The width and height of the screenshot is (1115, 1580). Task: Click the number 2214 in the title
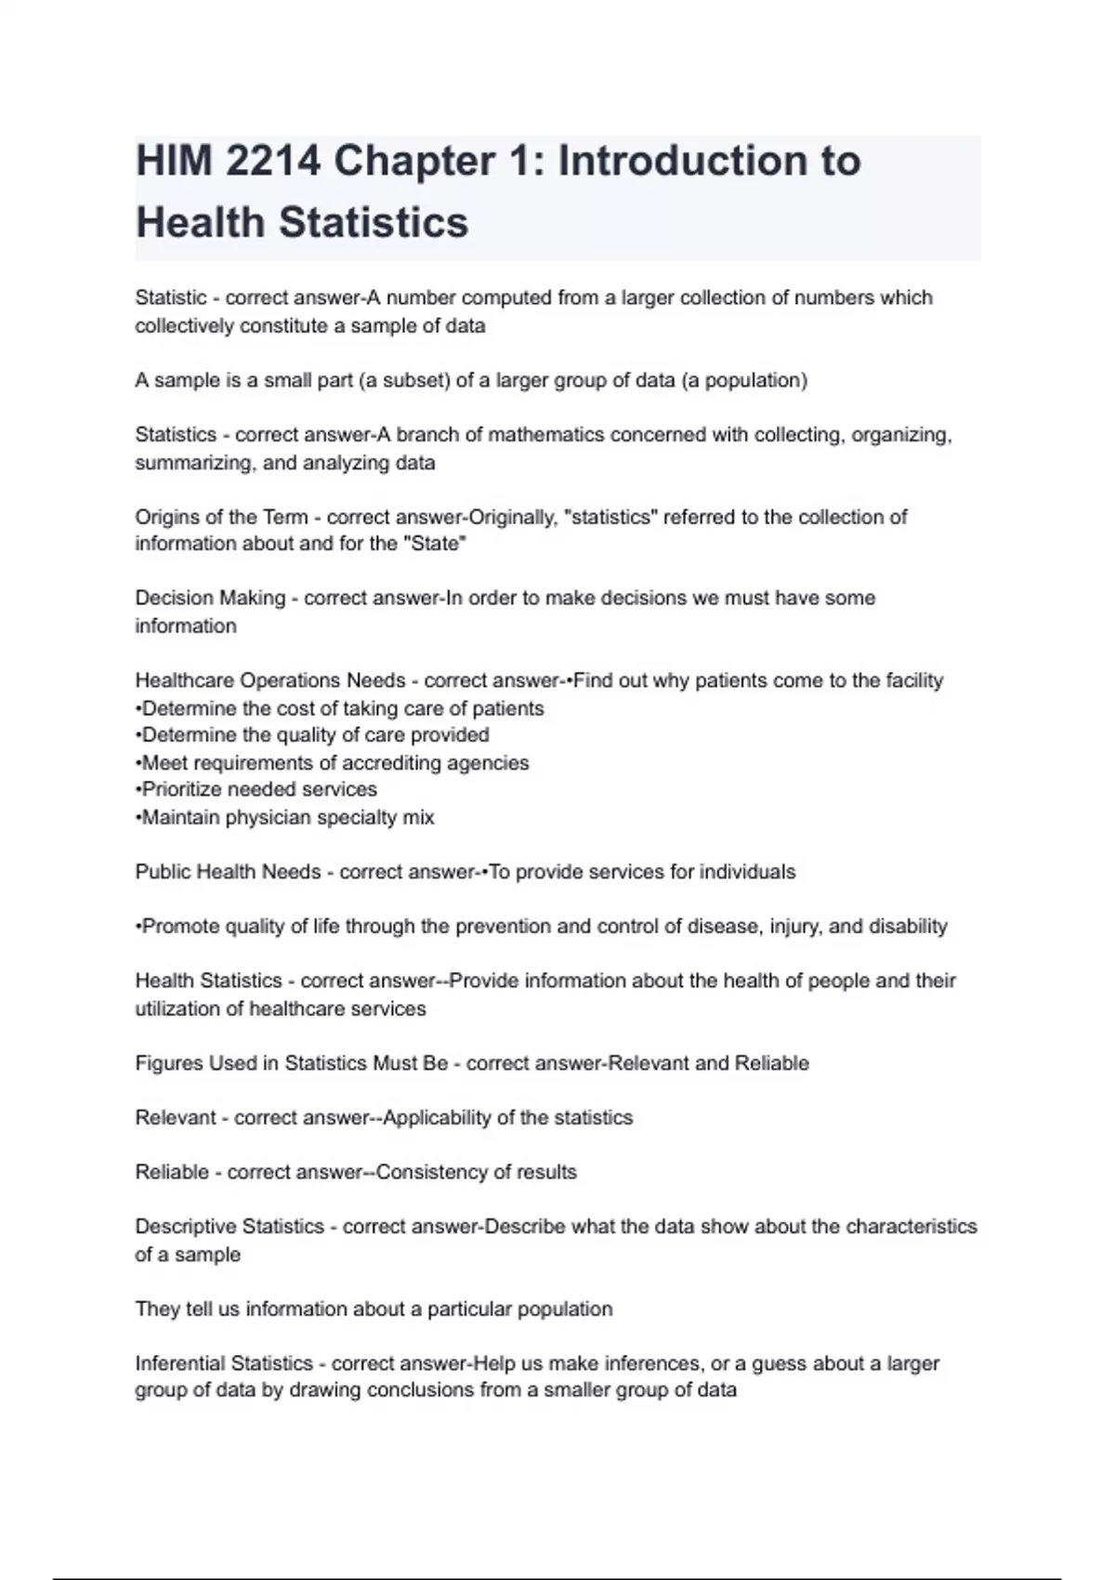click(273, 161)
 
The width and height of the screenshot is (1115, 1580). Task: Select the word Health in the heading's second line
click(200, 222)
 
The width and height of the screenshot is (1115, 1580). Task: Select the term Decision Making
click(210, 598)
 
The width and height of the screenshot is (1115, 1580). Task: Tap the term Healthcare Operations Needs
click(270, 680)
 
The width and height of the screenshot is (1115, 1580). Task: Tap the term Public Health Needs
click(228, 872)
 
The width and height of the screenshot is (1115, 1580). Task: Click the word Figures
click(169, 1063)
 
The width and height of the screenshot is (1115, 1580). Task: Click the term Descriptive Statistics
click(230, 1227)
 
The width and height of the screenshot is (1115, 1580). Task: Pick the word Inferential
click(178, 1363)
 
